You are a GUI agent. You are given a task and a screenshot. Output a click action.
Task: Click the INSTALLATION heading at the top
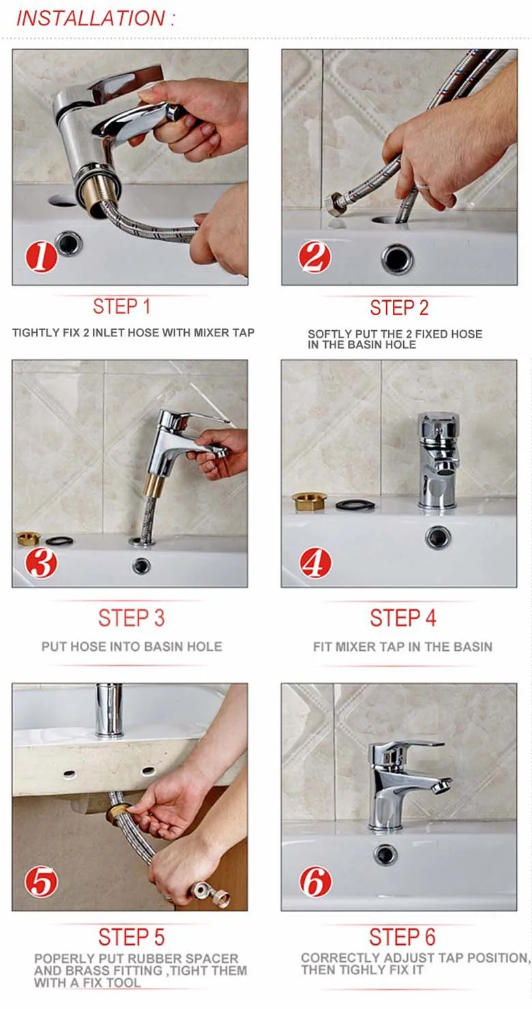pos(95,18)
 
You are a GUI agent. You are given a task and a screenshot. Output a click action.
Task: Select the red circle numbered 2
pos(314,257)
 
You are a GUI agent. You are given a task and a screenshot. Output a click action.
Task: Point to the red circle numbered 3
pos(41,563)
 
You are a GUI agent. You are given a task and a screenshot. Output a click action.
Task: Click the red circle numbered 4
pos(315,563)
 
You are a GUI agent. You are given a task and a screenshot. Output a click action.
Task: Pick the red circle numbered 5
pos(41,882)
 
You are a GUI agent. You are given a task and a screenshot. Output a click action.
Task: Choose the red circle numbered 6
pos(315,881)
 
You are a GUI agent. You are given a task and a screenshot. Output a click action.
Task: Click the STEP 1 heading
pos(121,306)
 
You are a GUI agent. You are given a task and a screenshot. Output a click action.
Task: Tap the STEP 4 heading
pos(402,617)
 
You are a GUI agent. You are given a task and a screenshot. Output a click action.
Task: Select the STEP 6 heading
pos(402,937)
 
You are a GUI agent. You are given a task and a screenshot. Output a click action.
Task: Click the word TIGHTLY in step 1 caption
pos(31,333)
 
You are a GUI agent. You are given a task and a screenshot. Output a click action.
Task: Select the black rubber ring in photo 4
pos(355,505)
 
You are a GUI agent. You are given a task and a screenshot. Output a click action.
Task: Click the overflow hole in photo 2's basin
pos(397,259)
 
